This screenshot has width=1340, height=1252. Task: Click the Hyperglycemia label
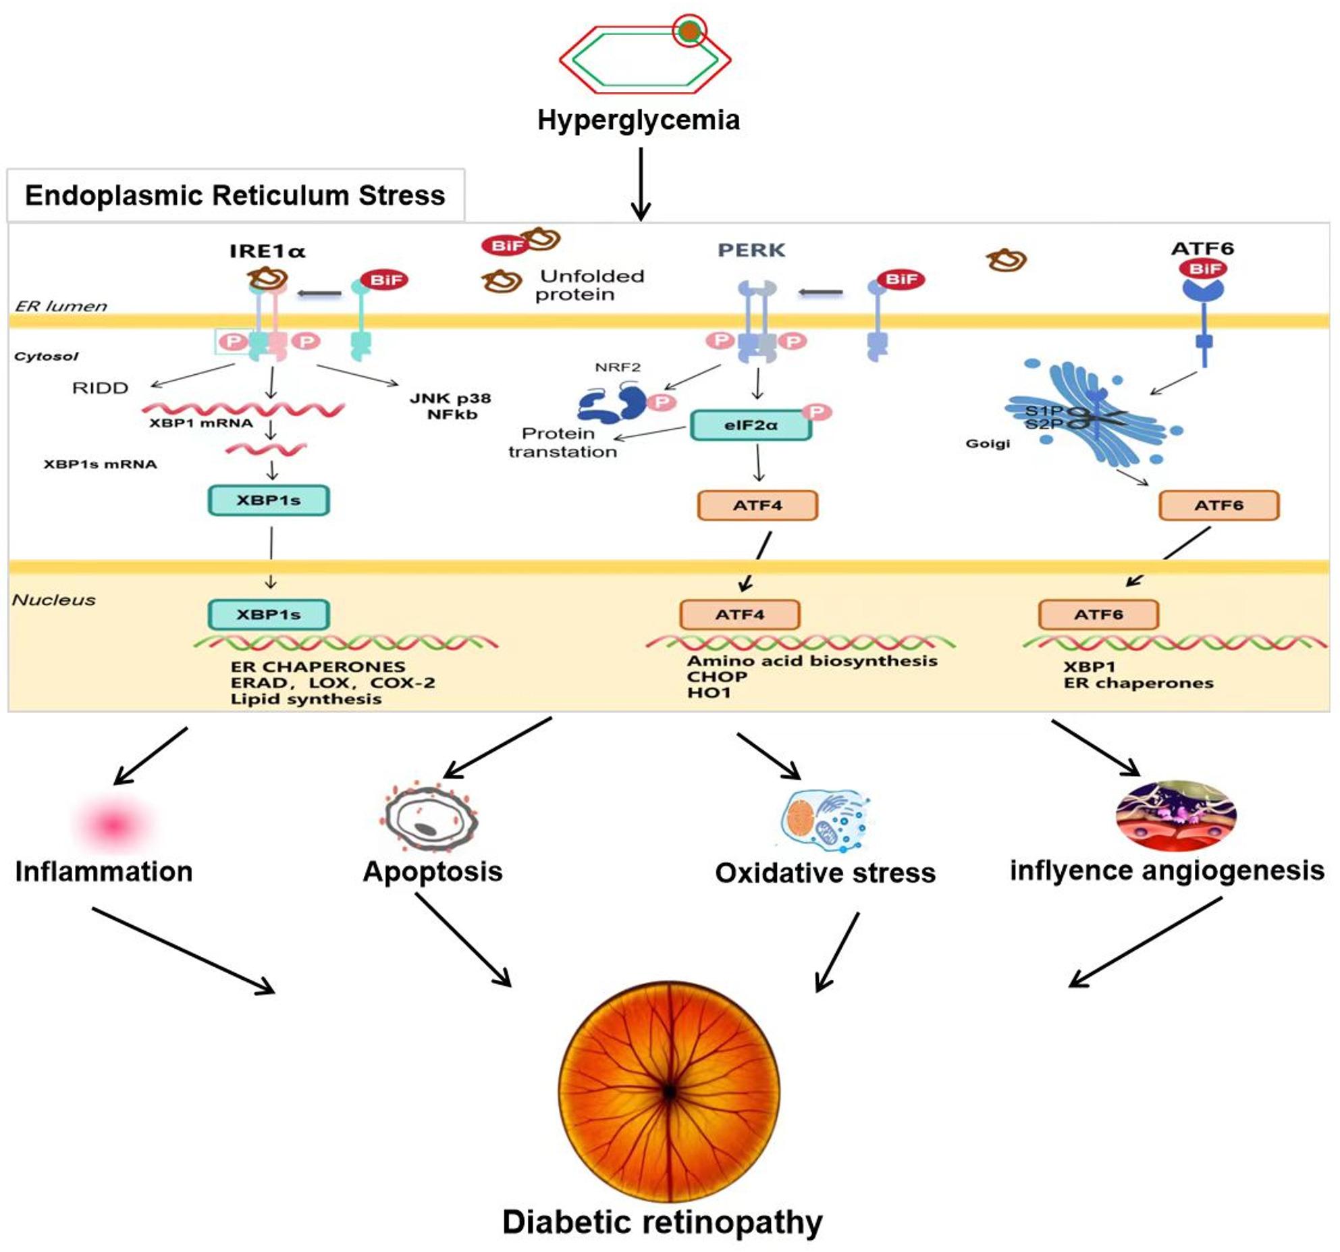tap(638, 120)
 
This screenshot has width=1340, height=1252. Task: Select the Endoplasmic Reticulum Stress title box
tap(236, 195)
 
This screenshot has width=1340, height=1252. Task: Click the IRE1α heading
tap(267, 251)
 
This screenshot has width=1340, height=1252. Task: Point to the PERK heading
tap(751, 250)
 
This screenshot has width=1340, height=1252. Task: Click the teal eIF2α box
tap(751, 425)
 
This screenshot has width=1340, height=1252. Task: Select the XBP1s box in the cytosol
tap(269, 500)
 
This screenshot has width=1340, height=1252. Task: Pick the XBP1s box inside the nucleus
tap(269, 615)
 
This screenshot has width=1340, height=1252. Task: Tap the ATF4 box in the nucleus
tap(740, 615)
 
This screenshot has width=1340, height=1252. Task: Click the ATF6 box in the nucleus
tap(1098, 615)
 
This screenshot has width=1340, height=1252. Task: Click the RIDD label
tap(100, 388)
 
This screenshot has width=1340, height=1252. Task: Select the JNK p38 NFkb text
tap(450, 406)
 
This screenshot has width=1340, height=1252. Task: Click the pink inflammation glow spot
tap(114, 824)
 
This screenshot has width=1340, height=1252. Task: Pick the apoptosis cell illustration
tap(431, 818)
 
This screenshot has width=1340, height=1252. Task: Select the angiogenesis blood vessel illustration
tap(1176, 816)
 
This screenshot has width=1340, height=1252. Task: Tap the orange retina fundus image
tap(669, 1091)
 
